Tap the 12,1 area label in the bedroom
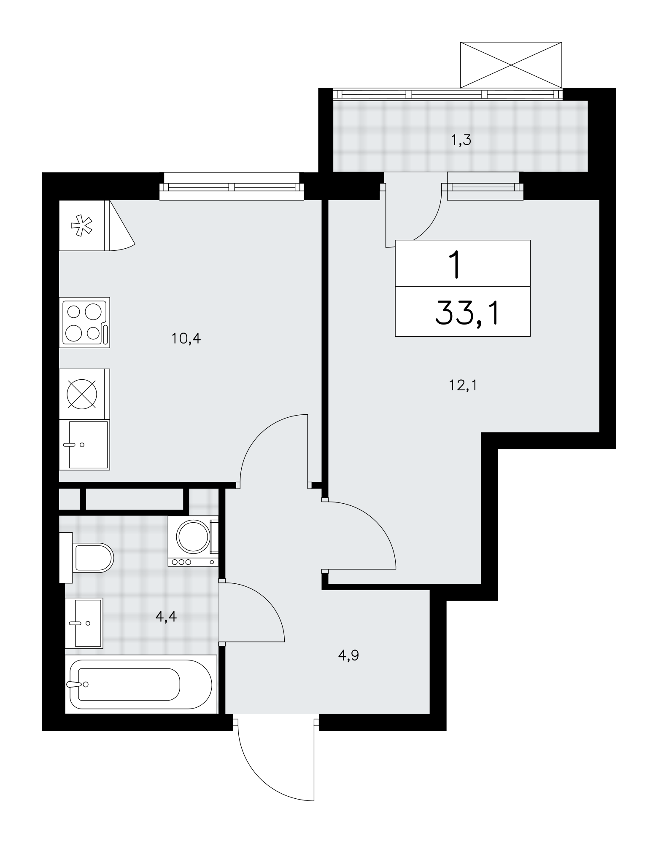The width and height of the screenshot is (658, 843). [463, 385]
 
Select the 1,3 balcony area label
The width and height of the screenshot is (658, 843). [461, 140]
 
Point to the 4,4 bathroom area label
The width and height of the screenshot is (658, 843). [166, 617]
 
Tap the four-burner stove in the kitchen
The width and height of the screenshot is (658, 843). [85, 322]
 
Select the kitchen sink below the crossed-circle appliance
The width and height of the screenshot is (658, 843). [84, 445]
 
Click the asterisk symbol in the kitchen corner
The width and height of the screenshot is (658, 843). [82, 226]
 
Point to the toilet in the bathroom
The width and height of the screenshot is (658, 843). [86, 558]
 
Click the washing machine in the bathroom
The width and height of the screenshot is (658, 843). [193, 541]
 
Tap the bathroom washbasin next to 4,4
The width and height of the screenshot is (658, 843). [84, 623]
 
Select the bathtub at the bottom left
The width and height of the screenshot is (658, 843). [141, 684]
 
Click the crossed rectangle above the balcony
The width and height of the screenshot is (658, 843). [511, 65]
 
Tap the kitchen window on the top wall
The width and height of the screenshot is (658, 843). [232, 186]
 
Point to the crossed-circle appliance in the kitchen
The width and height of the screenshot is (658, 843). [82, 394]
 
